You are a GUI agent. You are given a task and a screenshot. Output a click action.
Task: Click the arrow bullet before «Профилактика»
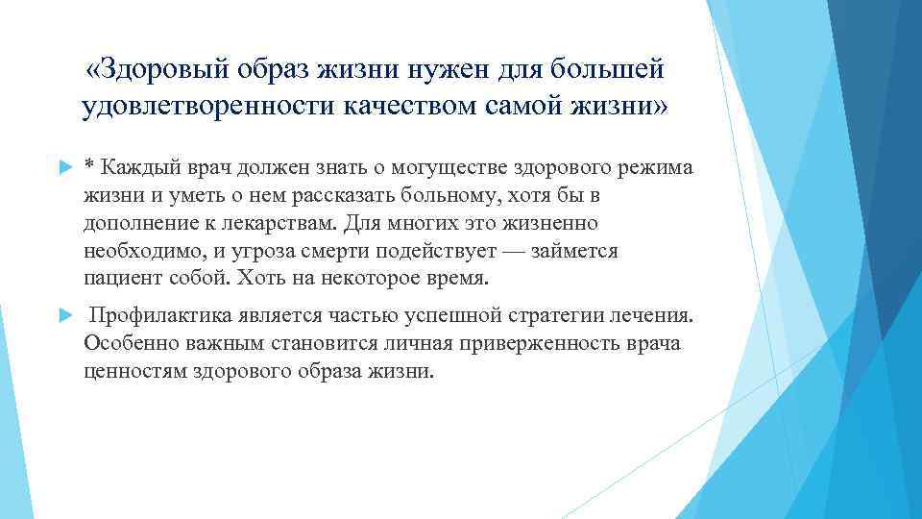coord(65,316)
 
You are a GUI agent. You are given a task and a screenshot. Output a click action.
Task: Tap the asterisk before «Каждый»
coord(89,165)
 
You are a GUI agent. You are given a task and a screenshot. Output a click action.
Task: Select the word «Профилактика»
coord(159,316)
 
